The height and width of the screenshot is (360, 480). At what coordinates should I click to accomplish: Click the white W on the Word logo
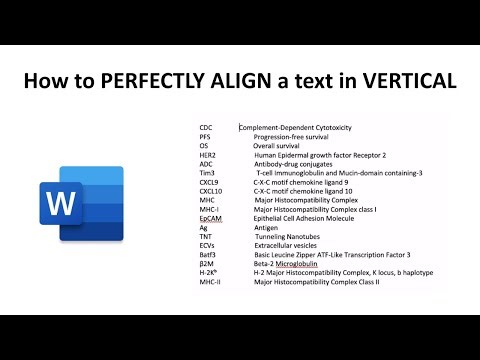[60, 204]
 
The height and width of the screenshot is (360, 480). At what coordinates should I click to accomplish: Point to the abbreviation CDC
[206, 128]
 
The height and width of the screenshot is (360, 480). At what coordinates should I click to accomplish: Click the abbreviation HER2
[208, 155]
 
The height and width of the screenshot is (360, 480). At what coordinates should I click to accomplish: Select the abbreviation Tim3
[207, 173]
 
